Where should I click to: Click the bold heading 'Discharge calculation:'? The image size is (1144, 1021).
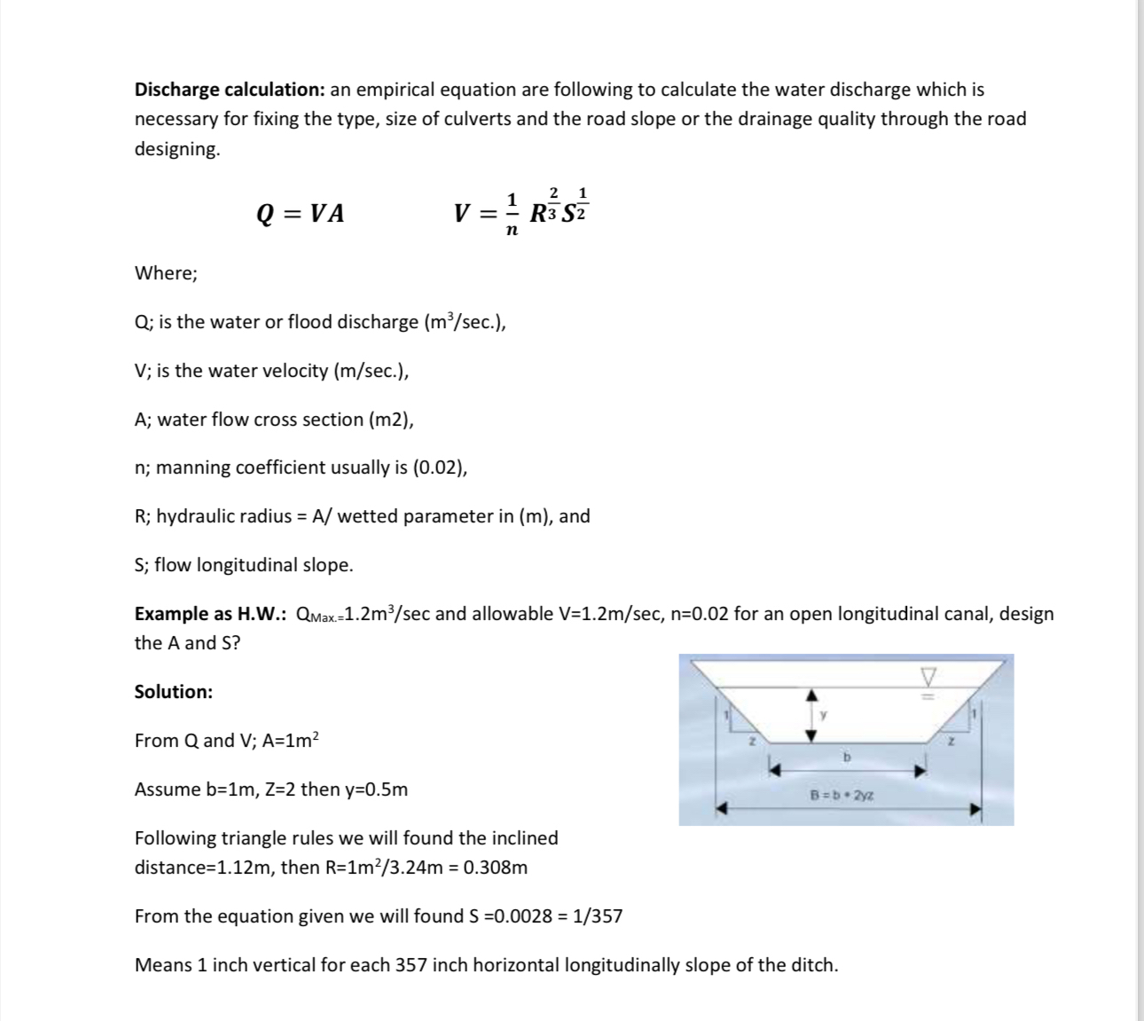click(x=230, y=90)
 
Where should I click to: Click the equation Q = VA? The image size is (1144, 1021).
click(x=300, y=214)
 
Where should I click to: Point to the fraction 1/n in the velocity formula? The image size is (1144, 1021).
click(x=511, y=214)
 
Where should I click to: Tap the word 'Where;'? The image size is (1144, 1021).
click(x=166, y=273)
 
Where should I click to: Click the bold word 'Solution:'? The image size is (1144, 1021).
click(x=173, y=692)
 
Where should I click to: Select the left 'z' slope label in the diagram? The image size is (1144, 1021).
click(x=750, y=740)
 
